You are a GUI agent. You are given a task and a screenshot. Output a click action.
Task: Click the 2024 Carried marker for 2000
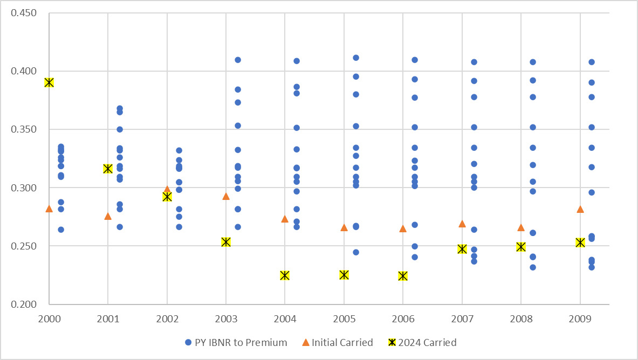coord(49,82)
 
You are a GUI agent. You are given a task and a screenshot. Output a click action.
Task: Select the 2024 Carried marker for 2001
coord(108,169)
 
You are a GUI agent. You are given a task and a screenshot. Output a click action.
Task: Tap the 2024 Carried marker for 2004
coord(285,275)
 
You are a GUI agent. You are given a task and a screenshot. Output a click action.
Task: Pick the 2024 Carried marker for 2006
coord(402,276)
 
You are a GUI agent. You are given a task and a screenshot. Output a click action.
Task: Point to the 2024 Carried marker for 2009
coord(580,243)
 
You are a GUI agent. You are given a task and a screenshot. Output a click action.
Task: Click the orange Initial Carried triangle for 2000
coord(49,209)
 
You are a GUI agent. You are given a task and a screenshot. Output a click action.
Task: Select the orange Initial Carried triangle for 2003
coord(226,196)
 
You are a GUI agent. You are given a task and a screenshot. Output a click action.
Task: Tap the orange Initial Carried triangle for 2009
coord(580,209)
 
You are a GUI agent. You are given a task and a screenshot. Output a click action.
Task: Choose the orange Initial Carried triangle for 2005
coord(344,227)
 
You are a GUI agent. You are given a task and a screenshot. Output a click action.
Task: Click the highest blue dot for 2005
coord(356,58)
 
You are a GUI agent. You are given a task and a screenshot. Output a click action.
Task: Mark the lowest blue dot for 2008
coord(533,267)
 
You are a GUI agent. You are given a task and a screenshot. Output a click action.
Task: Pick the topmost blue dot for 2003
coord(238,60)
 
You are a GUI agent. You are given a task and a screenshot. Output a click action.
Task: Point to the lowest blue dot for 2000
coord(61,230)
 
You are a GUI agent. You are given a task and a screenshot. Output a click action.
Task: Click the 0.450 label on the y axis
coord(24,12)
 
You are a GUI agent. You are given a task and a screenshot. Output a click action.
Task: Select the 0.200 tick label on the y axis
coord(24,304)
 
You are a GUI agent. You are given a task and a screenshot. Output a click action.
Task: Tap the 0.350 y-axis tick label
coord(24,129)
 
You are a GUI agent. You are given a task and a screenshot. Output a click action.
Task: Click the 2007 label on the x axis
coord(462,319)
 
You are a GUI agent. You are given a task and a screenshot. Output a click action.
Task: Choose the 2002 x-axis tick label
coord(167,319)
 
